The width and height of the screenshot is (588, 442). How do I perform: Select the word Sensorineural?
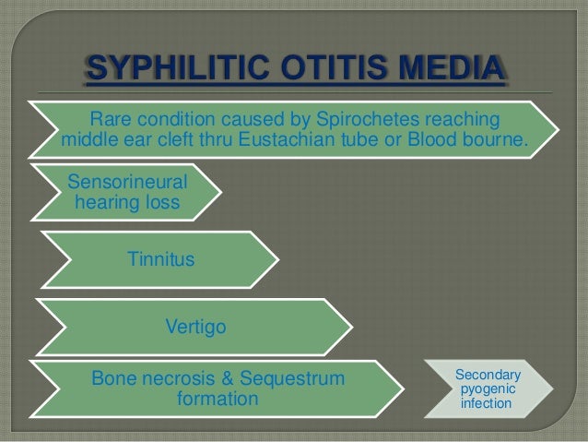(x=121, y=183)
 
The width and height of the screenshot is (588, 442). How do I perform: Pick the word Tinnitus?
(x=160, y=260)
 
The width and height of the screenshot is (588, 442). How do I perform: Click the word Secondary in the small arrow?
(x=488, y=375)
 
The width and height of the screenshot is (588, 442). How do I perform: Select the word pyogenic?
(x=488, y=390)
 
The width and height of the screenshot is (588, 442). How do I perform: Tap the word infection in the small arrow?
(x=488, y=405)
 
